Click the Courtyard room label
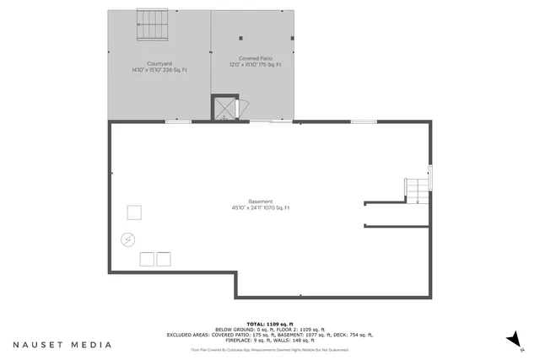pos(159,64)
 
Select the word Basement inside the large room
pos(261,201)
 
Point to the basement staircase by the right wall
pos(416,190)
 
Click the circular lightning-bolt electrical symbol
pos(127,239)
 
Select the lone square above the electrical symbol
pos(134,212)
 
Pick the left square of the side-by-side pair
pos(146,258)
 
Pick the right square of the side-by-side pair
pos(164,258)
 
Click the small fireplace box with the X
pos(225,109)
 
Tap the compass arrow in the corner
pos(511,339)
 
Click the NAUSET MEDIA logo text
pos(62,345)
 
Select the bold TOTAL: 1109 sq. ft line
pos(270,324)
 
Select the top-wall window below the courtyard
pos(177,122)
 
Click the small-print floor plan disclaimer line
pos(270,349)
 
